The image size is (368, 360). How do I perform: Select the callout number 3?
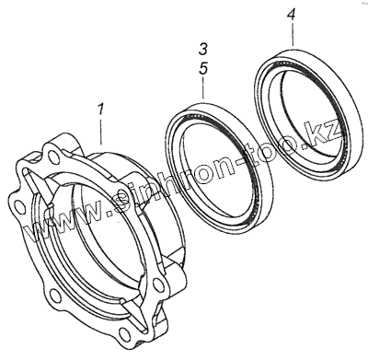point(203,50)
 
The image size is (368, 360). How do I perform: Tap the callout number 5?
point(203,68)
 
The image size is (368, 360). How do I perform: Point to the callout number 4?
point(292,14)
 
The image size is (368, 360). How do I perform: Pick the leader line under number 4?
point(292,34)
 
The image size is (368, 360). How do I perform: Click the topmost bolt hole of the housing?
point(54,156)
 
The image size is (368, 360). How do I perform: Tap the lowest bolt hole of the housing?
point(124,333)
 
